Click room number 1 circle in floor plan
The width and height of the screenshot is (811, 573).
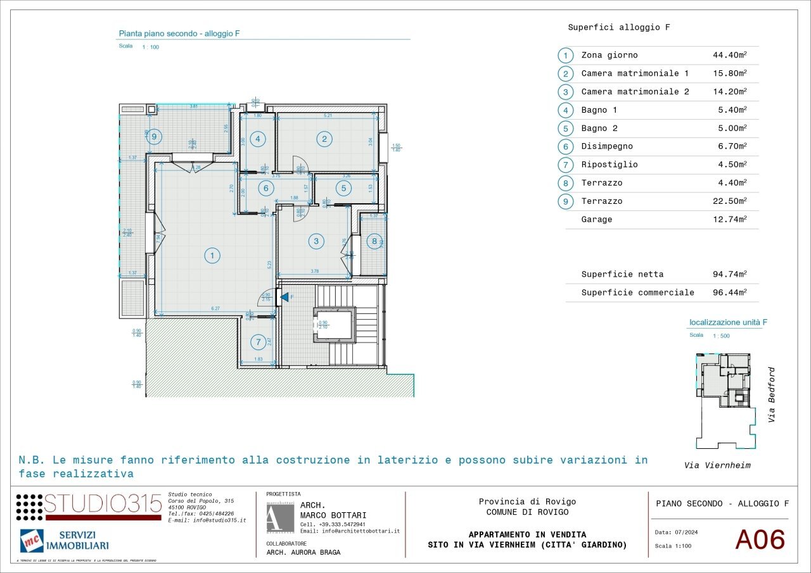(x=212, y=256)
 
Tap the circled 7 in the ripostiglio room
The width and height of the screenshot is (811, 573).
(x=258, y=343)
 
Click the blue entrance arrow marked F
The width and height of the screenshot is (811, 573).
(x=284, y=296)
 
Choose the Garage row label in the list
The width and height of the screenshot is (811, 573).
(x=597, y=219)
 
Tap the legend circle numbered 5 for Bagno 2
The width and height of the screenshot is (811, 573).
(x=566, y=128)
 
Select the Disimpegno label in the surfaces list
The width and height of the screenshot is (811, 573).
(x=607, y=146)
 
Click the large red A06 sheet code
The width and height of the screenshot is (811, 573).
(x=760, y=540)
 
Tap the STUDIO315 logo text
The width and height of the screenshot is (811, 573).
(x=102, y=505)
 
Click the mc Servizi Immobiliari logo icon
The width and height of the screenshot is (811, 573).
(x=32, y=541)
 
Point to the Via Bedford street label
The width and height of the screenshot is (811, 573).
(x=771, y=395)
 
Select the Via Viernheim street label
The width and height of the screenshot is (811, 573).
(x=717, y=465)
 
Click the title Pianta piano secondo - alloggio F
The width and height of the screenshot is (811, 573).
(x=179, y=34)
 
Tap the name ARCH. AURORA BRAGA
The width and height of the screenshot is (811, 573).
(x=303, y=552)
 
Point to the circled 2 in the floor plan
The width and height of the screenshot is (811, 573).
(x=324, y=139)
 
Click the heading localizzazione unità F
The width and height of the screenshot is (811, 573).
(x=728, y=322)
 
